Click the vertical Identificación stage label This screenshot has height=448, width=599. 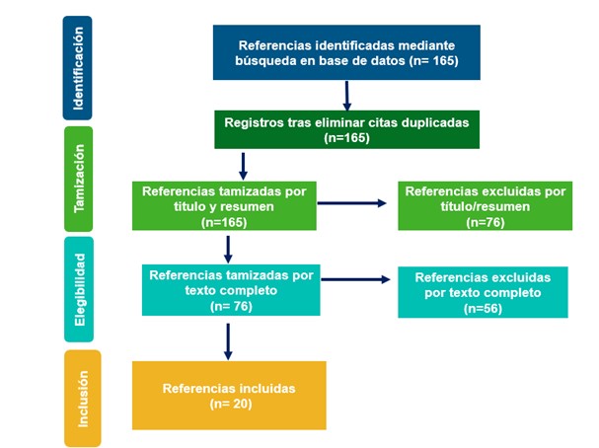click(78, 65)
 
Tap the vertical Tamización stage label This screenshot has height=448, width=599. click(78, 178)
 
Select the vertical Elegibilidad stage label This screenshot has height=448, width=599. click(79, 286)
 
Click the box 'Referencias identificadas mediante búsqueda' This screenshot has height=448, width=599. click(346, 53)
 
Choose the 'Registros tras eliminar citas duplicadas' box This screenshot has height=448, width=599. click(346, 129)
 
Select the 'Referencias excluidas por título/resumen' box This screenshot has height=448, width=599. click(485, 206)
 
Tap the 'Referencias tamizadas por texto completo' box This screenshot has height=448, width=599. click(232, 290)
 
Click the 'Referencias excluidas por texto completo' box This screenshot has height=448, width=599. click(483, 293)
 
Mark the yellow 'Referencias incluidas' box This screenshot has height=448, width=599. click(229, 396)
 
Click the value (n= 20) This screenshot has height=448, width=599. click(229, 404)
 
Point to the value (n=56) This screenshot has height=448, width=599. click(483, 309)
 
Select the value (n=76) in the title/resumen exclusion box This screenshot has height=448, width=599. click(485, 223)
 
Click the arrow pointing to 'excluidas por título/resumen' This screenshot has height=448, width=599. click(352, 203)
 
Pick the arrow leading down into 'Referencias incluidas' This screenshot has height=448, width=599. click(228, 339)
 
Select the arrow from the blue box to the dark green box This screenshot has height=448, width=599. click(347, 95)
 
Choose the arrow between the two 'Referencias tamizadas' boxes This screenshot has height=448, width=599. click(228, 249)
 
